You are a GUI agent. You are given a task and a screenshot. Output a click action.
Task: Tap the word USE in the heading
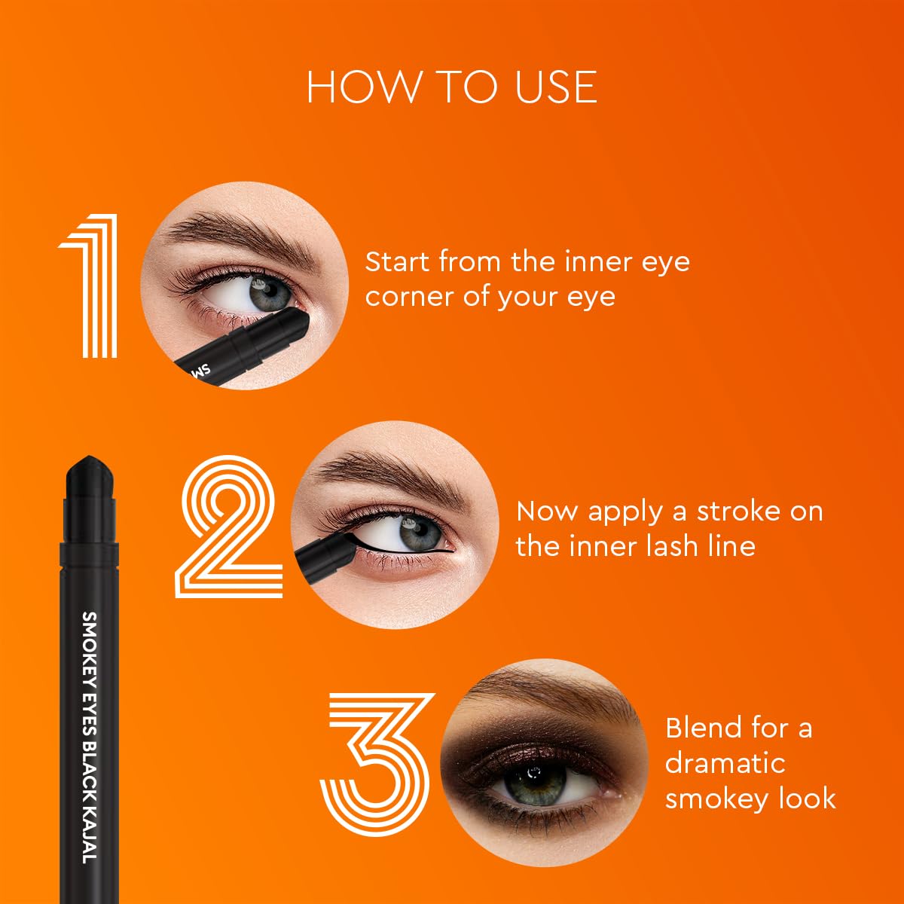coord(556,87)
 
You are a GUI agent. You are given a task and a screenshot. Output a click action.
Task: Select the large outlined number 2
coord(228,526)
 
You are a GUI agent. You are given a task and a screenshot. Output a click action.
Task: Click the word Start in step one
coord(399,261)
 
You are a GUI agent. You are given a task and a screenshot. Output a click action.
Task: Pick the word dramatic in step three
coord(725,763)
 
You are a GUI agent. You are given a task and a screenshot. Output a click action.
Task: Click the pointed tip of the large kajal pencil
coord(89,457)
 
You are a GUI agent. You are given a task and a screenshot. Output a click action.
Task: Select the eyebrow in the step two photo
coord(392,475)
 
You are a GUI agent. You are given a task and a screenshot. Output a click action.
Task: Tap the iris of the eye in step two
coord(420,533)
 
